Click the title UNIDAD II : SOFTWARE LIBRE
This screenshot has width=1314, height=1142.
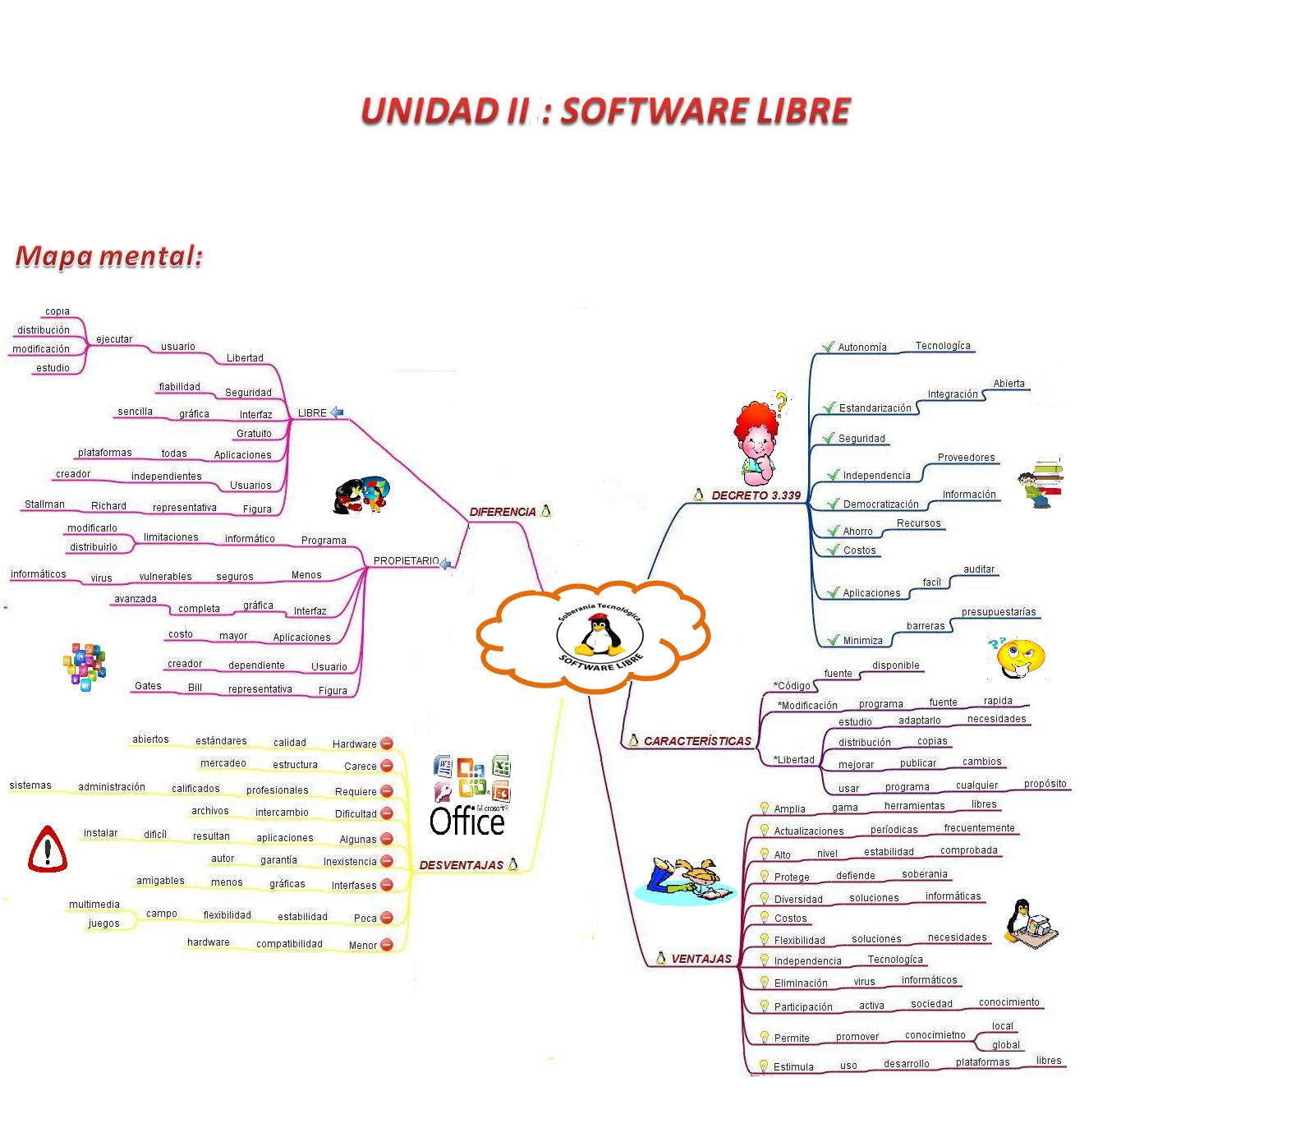605,112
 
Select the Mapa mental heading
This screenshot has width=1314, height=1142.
108,256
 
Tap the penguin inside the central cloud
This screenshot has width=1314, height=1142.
600,634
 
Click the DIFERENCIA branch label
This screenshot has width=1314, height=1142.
502,512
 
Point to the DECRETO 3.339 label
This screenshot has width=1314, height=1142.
756,495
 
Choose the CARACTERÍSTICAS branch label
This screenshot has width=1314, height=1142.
696,741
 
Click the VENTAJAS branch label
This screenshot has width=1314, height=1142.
701,959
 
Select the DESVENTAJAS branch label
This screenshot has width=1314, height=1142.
461,865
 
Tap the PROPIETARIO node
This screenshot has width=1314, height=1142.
406,561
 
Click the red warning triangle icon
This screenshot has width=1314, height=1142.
48,849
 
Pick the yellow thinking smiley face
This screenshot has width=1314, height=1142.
1018,656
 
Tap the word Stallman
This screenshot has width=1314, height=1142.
44,504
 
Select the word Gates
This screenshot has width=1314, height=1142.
148,686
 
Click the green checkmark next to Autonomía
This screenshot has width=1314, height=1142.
828,347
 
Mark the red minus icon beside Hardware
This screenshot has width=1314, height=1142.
387,744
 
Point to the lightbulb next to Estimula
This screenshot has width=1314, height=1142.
763,1066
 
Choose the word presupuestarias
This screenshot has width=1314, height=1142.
999,612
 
